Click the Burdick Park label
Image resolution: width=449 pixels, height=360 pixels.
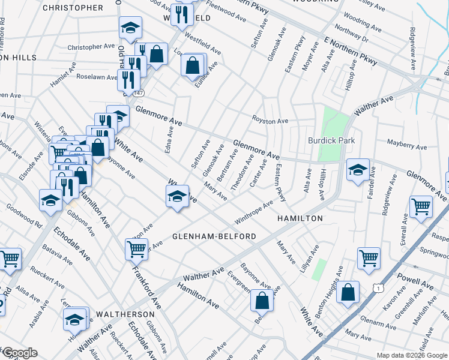coord(331,140)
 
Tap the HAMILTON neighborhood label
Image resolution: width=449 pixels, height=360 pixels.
coord(300,219)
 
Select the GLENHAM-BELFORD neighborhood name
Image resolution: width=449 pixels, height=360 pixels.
coord(214,236)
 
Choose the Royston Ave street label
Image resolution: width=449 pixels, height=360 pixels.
coord(270,121)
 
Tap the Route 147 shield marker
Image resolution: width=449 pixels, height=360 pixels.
coord(139,94)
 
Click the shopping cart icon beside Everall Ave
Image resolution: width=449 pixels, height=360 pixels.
coord(421,207)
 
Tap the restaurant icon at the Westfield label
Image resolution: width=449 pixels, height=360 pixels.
coord(181,14)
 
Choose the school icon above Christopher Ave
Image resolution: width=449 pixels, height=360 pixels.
coord(129,28)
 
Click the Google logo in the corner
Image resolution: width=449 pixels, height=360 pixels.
coord(19,353)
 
